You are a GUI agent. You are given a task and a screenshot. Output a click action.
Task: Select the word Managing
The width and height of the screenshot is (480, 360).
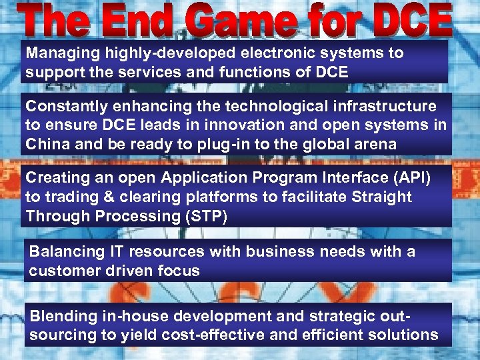[59, 53]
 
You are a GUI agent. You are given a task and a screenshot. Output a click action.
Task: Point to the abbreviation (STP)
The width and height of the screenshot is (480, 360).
[205, 216]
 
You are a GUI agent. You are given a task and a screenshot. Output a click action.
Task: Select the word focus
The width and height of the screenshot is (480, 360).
[180, 271]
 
